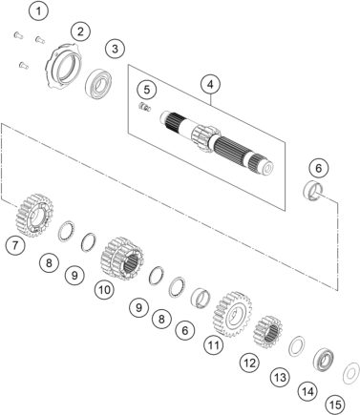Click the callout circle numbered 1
pyautogui.click(x=38, y=11)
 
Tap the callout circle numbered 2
pyautogui.click(x=80, y=31)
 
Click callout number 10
pyautogui.click(x=105, y=290)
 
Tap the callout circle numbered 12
pyautogui.click(x=250, y=363)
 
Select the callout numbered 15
pyautogui.click(x=335, y=405)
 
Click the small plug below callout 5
pyautogui.click(x=145, y=108)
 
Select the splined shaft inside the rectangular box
pyautogui.click(x=217, y=142)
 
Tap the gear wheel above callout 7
pyautogui.click(x=34, y=216)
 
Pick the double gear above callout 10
pyautogui.click(x=122, y=259)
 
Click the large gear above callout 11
pyautogui.click(x=233, y=314)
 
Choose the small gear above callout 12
pyautogui.click(x=268, y=332)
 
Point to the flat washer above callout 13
pyautogui.click(x=296, y=346)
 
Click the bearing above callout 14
pyautogui.click(x=323, y=360)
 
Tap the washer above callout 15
pyautogui.click(x=351, y=373)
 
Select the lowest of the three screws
pyautogui.click(x=24, y=65)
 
